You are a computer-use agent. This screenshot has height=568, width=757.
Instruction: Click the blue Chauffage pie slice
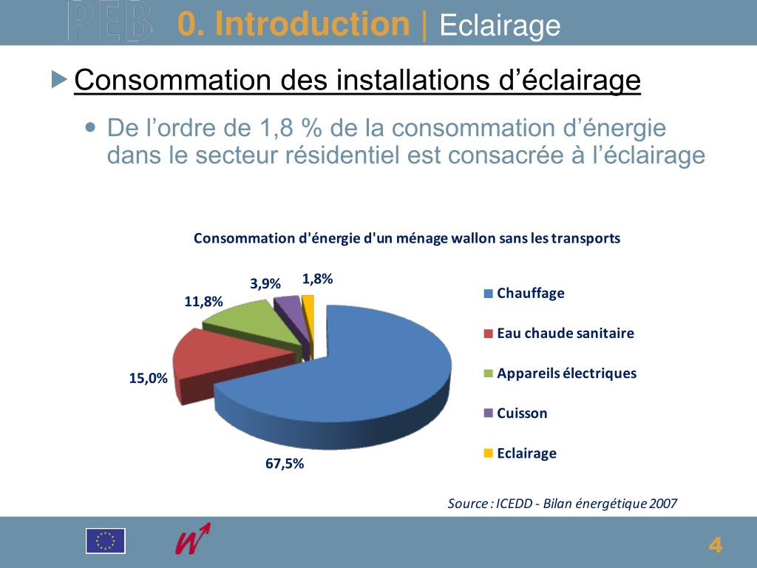370,370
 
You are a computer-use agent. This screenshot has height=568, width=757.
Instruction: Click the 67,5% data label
285,464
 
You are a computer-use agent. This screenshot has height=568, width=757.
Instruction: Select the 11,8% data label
203,301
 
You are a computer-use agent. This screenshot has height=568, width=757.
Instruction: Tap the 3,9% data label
265,283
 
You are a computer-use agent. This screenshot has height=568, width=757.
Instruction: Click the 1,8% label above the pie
318,279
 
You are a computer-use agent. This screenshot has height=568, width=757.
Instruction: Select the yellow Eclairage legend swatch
488,453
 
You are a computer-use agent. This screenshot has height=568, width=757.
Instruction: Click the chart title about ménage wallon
407,238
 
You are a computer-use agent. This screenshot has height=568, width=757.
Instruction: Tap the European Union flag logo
106,541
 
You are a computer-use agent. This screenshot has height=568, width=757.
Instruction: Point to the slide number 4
715,545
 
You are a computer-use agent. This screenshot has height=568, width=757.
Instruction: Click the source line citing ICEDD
562,504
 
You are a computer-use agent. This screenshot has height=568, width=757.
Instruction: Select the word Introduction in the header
313,24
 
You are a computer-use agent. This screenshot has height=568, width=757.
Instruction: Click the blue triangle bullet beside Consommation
59,79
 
